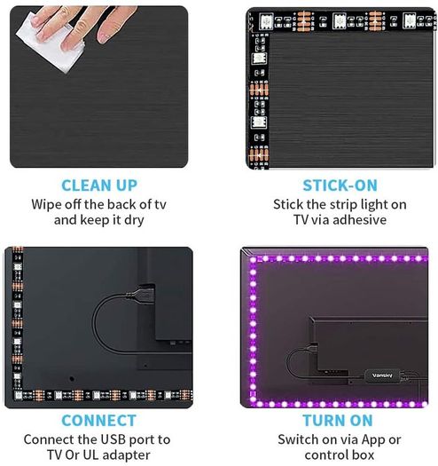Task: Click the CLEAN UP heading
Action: [x=99, y=186]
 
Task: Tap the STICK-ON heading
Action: [x=340, y=186]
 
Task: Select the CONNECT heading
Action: [x=99, y=421]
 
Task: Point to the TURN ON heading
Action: [x=338, y=421]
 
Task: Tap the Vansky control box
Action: [x=382, y=375]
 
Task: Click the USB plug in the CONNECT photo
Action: [x=143, y=294]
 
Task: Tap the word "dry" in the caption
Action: [x=134, y=221]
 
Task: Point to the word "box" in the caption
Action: [x=363, y=455]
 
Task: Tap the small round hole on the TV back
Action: [x=71, y=379]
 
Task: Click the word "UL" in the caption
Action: [x=90, y=455]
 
